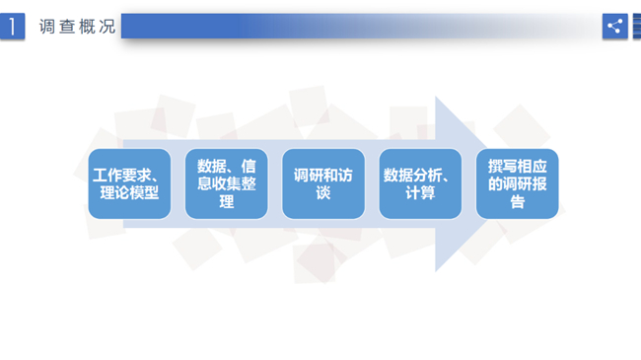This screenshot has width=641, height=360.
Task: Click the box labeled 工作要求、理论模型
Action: point(129,183)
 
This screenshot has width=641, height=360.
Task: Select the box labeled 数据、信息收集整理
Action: point(227,183)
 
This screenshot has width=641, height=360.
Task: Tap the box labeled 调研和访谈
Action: point(323,183)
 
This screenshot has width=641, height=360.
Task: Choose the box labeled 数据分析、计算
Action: point(420,183)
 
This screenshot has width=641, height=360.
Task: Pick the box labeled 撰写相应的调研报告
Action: point(517,183)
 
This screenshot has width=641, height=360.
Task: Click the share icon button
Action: point(614,27)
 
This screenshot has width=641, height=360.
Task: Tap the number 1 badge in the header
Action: point(12,27)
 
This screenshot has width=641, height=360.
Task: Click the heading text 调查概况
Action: point(77,27)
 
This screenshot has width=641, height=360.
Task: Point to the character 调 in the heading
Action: point(47,27)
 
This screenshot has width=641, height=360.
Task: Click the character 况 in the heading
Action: point(107,27)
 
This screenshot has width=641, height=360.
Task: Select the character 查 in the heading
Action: point(67,27)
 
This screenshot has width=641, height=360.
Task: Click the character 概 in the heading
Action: point(87,27)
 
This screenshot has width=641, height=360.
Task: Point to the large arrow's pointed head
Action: point(485,183)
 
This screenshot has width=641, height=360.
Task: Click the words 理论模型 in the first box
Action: point(129,192)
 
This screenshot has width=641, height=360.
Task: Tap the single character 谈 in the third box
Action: point(323,192)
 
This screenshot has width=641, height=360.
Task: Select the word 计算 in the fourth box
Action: point(420,192)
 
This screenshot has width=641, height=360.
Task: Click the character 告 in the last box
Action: point(517,201)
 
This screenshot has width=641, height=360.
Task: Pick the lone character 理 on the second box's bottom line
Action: point(227,201)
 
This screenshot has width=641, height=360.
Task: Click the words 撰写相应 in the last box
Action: point(517,167)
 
